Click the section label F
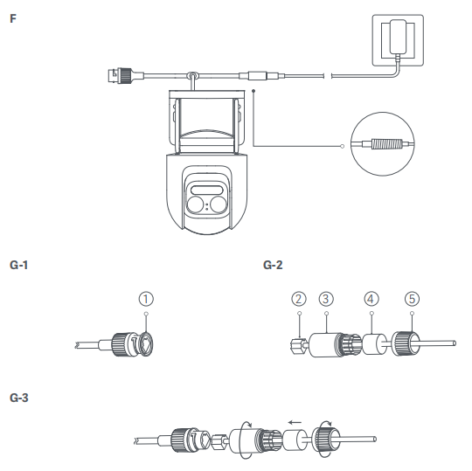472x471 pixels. coord(13,18)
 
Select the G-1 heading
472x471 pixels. coord(18,265)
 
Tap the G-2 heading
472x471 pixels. coord(273,265)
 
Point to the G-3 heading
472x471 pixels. coord(19,398)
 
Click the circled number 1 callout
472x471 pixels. coord(146,299)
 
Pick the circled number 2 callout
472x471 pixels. coord(299,299)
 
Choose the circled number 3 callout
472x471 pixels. coord(326,299)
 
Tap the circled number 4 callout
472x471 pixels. coord(371,299)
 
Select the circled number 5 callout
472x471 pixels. coord(412,299)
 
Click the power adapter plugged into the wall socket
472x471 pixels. coord(398,37)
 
